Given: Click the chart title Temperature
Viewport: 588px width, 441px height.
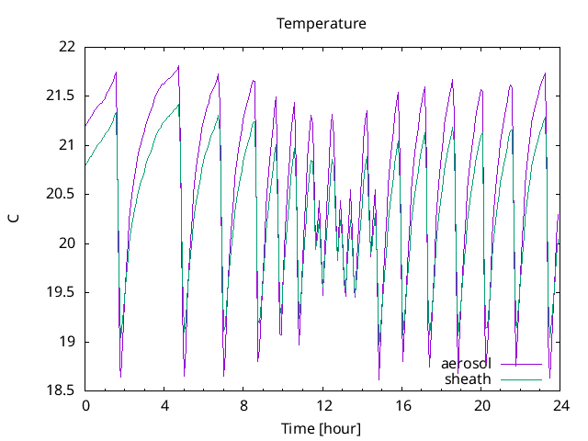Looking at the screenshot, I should click(322, 23).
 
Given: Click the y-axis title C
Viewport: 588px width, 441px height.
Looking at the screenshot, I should click(14, 219).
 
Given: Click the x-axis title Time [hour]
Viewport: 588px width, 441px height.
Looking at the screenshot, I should click(321, 428).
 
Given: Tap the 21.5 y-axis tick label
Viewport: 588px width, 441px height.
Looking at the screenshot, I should click(62, 96).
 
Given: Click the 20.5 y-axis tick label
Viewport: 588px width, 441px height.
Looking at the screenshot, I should click(62, 194).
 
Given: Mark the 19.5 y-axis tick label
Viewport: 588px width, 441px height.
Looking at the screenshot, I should click(62, 292).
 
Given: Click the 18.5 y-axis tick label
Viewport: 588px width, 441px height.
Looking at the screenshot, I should click(62, 390).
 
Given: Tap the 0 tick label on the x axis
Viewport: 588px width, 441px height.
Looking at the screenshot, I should click(85, 405).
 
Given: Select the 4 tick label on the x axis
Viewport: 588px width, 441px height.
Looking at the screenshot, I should click(164, 405).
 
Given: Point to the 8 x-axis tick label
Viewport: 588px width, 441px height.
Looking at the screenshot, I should click(244, 405).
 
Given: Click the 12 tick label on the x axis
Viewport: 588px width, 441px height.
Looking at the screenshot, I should click(323, 405).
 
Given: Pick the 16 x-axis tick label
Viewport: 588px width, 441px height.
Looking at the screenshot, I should click(402, 405).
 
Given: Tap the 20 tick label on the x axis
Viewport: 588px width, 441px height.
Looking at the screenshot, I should click(482, 405).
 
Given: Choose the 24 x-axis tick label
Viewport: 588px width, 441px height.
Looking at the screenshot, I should click(561, 405).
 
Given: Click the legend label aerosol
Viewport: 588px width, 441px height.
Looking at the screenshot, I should click(467, 364).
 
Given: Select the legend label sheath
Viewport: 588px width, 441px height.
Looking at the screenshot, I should click(469, 379).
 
